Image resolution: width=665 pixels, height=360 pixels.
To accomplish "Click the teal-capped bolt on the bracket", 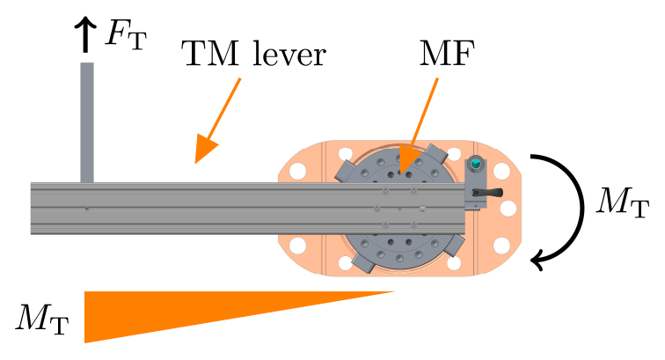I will (x=476, y=164).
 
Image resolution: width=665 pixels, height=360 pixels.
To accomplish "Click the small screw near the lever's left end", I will (x=86, y=209).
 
